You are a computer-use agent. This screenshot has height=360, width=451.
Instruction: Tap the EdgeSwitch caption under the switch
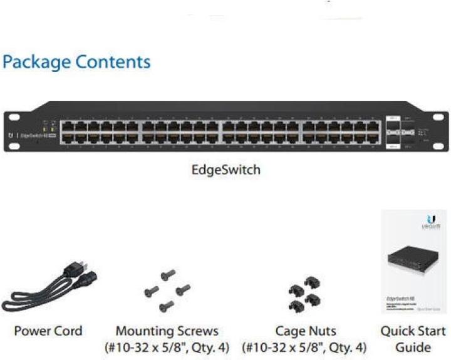coord(225,170)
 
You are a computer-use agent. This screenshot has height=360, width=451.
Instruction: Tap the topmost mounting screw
coord(167,275)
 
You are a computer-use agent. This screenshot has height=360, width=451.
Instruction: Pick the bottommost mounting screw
coord(167,306)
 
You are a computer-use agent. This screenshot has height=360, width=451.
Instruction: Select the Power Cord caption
coord(48,331)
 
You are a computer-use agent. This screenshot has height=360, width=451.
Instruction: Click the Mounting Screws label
coord(167,331)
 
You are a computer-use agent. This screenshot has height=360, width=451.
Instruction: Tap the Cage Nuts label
coord(306,331)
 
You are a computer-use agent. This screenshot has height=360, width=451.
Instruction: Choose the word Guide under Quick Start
coord(413,347)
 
